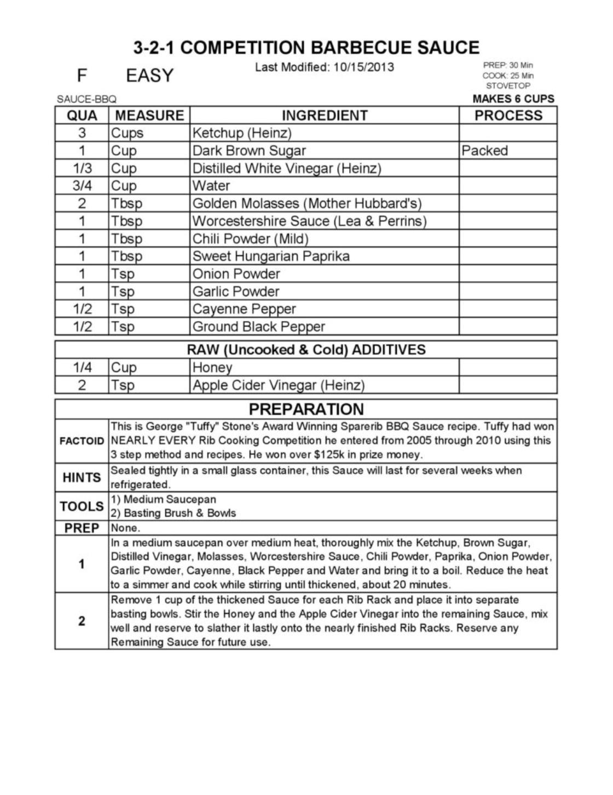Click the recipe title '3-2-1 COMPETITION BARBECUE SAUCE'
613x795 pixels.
307,48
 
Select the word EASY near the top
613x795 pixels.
149,76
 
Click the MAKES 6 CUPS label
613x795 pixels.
513,99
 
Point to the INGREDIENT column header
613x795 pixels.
324,116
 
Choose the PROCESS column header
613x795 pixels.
508,116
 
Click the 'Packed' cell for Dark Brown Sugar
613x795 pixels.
484,151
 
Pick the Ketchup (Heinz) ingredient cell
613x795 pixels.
242,133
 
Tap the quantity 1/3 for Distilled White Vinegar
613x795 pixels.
82,168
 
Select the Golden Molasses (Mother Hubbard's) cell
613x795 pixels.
307,203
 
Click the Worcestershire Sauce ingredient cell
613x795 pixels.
309,221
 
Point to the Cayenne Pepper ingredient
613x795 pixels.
244,309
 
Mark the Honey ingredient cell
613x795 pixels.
212,368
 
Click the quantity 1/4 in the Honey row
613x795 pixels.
82,368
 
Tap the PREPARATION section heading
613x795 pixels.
306,409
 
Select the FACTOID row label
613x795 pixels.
82,441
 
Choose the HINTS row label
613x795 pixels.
82,478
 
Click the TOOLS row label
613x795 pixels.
82,506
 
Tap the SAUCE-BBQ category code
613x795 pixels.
86,99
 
